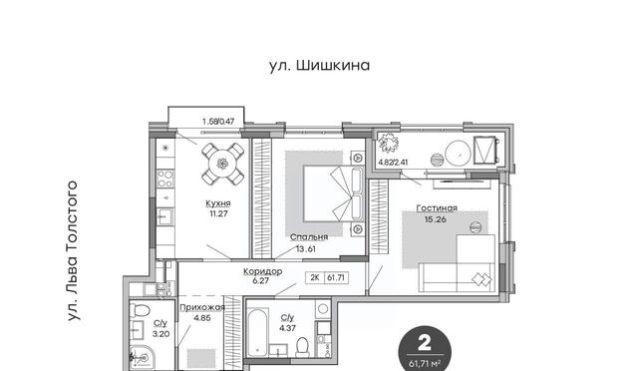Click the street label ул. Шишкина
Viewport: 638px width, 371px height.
319,66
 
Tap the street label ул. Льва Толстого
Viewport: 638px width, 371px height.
72,251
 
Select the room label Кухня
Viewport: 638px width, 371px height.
218,203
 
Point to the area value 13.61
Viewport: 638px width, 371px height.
306,248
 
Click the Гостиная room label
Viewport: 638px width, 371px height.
437,208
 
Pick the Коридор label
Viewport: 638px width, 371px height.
263,271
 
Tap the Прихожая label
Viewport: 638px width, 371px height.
202,307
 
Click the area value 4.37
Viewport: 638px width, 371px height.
287,328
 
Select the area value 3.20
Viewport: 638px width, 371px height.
160,334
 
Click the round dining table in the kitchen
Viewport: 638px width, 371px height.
222,164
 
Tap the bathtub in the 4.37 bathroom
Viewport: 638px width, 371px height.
257,332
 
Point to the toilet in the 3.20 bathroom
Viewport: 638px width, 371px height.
140,311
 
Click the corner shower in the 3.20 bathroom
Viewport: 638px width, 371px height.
141,358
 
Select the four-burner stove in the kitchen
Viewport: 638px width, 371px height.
165,179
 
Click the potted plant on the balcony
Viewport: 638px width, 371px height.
389,143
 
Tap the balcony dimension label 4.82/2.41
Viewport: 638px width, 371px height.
393,163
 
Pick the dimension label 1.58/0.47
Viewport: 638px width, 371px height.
218,121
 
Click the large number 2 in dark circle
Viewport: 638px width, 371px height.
425,343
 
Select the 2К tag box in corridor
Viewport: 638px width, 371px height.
315,277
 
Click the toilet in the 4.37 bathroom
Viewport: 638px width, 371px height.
302,347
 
